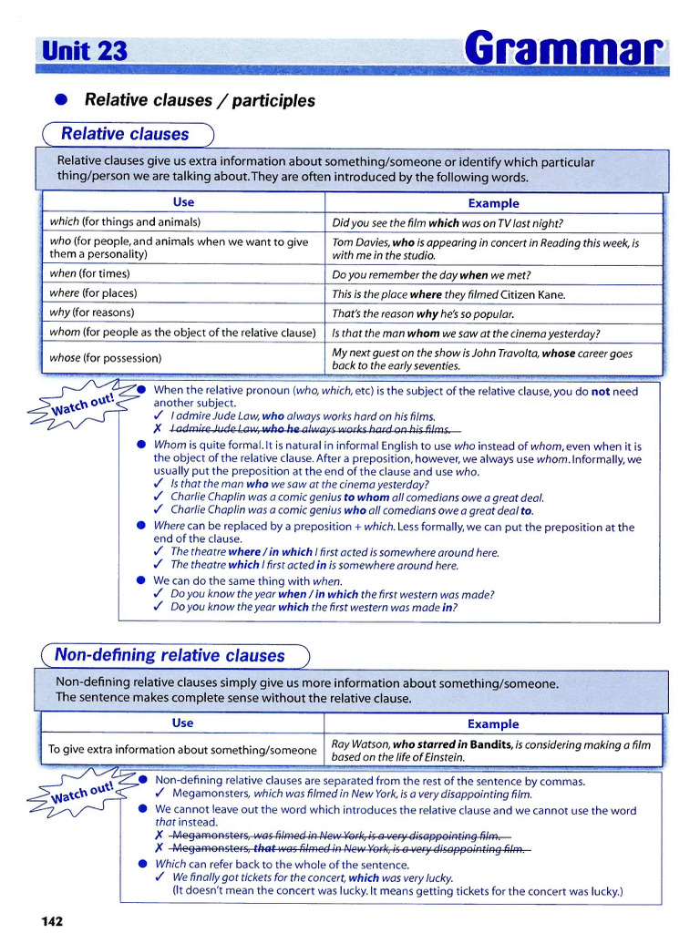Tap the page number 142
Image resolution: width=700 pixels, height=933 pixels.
(x=52, y=921)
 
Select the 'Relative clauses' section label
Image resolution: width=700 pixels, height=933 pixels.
(x=125, y=134)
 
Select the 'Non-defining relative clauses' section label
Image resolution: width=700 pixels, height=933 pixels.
(x=170, y=655)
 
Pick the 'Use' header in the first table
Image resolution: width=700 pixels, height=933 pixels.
(x=183, y=202)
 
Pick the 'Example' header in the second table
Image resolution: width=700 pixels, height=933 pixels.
(x=492, y=724)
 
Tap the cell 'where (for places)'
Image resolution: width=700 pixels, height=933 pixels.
(x=93, y=293)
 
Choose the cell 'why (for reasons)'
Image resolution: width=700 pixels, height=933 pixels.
(x=91, y=313)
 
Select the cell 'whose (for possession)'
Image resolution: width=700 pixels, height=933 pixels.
(x=106, y=358)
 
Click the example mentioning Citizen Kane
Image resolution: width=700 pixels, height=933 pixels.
(x=448, y=294)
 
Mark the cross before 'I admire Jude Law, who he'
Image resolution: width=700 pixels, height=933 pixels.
(x=159, y=429)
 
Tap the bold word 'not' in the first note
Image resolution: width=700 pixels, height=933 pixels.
(x=601, y=391)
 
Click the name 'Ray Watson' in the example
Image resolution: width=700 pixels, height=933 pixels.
(x=359, y=744)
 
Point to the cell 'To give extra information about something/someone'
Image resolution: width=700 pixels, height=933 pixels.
(x=182, y=750)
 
